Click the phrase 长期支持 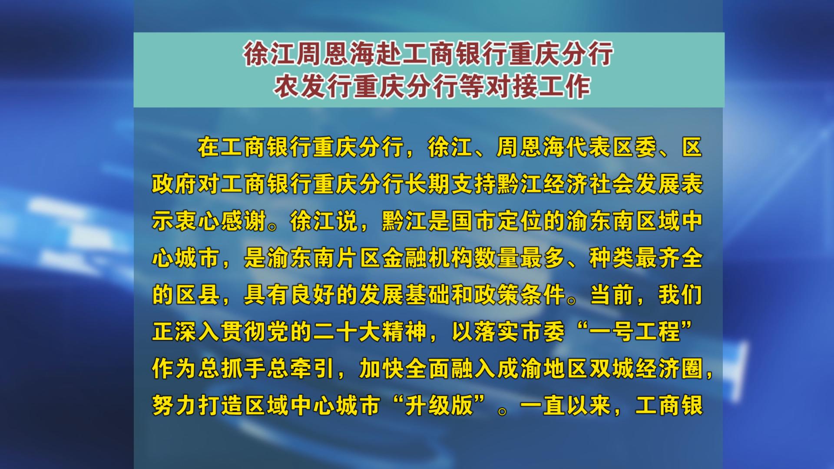450,185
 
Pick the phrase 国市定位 496,221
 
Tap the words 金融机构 427,258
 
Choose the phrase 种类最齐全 646,258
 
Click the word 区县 198,295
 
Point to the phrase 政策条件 520,295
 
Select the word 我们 680,295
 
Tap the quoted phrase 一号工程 635,332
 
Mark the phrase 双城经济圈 646,369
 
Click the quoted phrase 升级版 439,406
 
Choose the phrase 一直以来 566,406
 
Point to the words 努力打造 198,406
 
